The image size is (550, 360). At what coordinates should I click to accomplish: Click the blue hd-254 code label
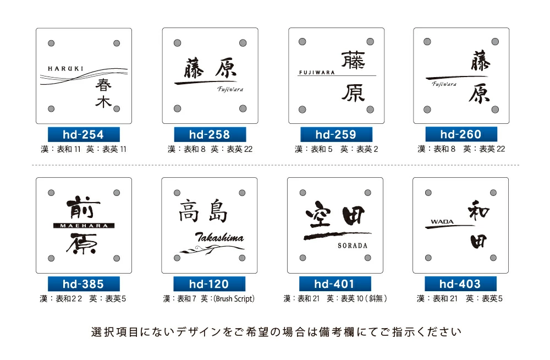pos(84,134)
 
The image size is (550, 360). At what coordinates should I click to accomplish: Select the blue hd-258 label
pos(210,134)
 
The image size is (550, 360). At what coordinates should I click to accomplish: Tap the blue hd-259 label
pos(336,134)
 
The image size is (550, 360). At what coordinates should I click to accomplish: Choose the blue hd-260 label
pos(461,134)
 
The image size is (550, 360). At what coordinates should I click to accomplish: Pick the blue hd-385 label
pos(84,284)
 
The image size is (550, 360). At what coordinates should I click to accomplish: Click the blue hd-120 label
pos(209,284)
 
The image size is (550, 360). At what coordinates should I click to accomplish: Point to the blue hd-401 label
pos(335,284)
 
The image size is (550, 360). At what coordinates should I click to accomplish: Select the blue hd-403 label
pos(460,284)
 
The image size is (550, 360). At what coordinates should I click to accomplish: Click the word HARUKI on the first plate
pos(65,69)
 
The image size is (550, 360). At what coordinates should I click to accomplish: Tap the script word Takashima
pos(219,237)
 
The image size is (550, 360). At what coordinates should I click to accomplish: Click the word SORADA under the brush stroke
pos(353,246)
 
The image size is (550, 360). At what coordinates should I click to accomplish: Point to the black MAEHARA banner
pos(84,225)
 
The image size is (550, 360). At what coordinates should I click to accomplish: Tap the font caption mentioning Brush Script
pos(209,299)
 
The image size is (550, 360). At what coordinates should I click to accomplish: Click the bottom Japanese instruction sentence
pos(276,332)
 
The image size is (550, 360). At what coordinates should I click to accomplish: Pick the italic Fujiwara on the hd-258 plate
pos(230,89)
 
